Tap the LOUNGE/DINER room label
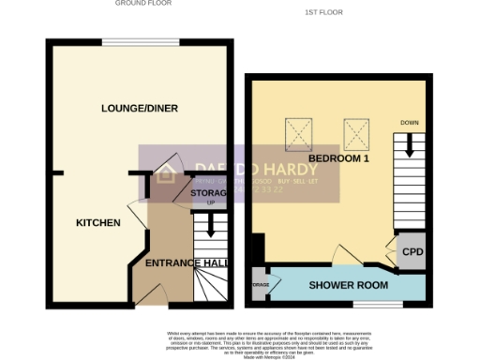pyautogui.click(x=140, y=109)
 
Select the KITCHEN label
pyautogui.click(x=98, y=223)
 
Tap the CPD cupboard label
pyautogui.click(x=412, y=252)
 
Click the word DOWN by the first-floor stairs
pyautogui.click(x=410, y=123)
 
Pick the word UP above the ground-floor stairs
pyautogui.click(x=211, y=203)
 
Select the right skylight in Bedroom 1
pyautogui.click(x=355, y=134)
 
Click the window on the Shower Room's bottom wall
pyautogui.click(x=378, y=304)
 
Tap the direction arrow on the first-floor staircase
pyautogui.click(x=410, y=146)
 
